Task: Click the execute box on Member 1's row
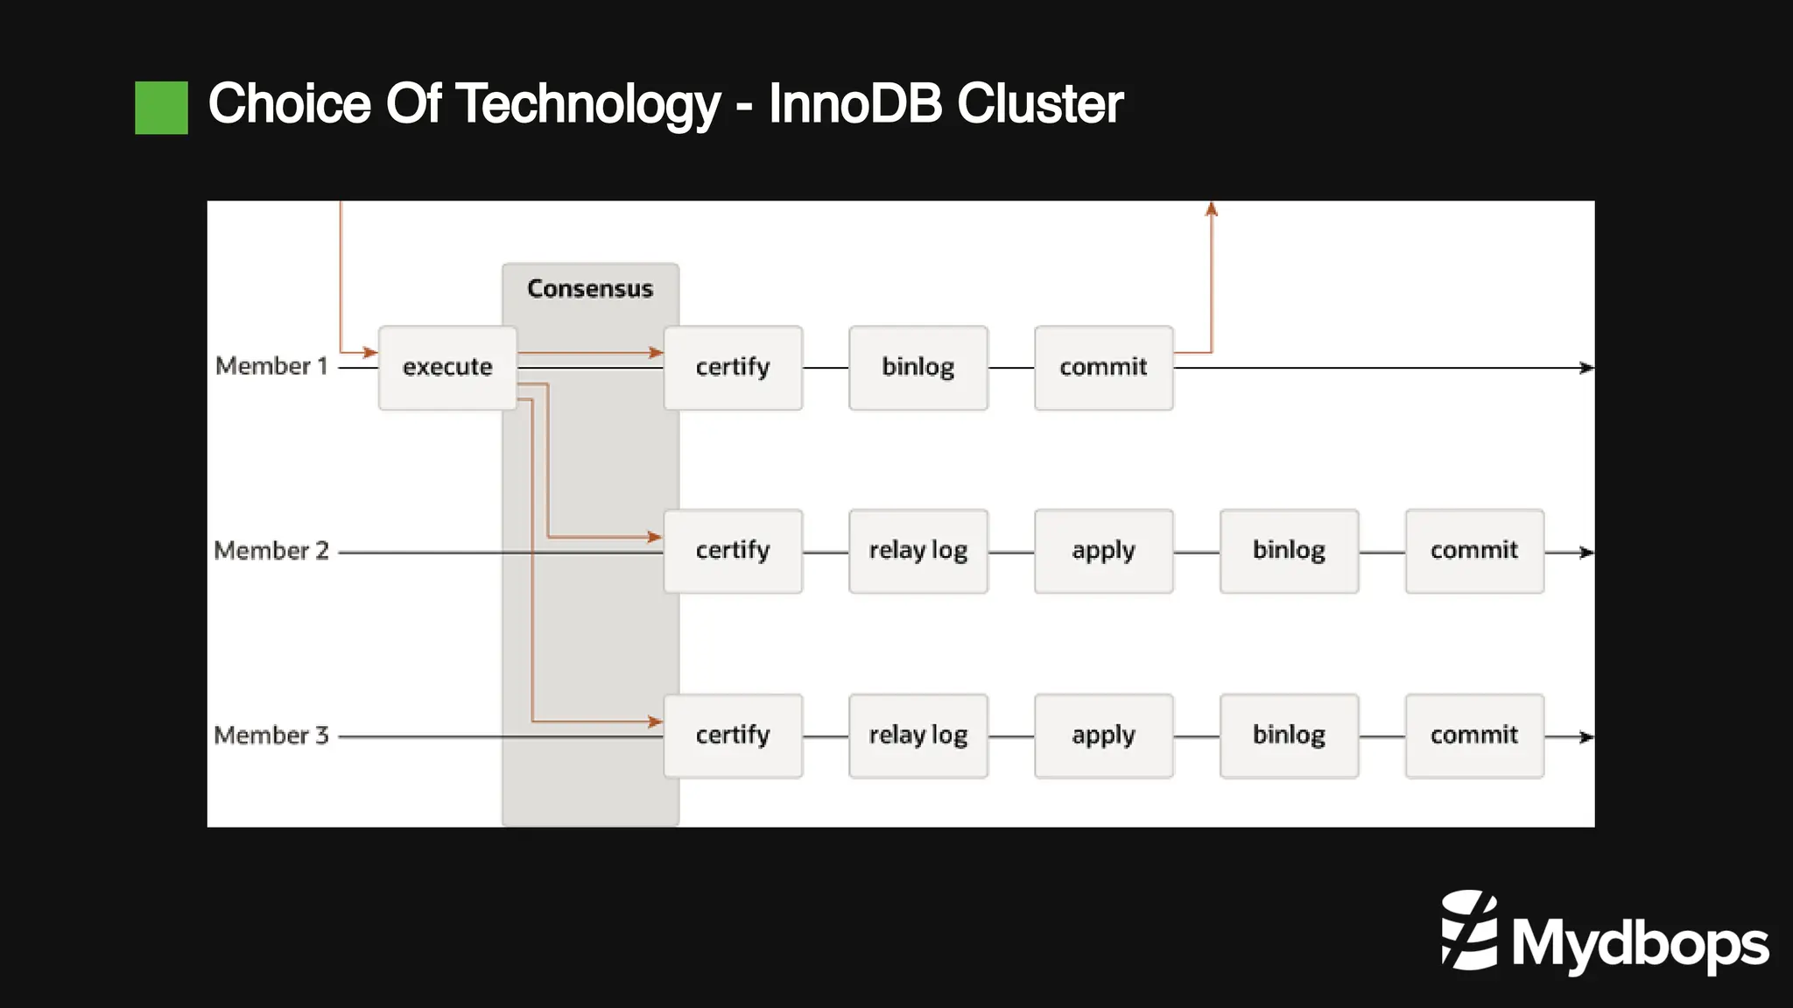coord(447,367)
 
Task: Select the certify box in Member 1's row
coord(733,367)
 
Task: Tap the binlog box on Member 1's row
coord(918,367)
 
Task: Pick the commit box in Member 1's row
coord(1103,367)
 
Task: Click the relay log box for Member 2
coord(918,551)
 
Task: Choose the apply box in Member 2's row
coord(1103,551)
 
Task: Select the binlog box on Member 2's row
coord(1289,551)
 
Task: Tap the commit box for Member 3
coord(1474,736)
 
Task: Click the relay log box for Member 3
coord(918,736)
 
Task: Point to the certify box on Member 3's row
coord(733,736)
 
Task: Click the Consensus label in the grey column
coord(590,289)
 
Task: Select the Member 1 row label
coord(271,366)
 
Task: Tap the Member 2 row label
coord(271,551)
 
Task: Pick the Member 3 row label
coord(271,736)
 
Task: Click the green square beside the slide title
coord(161,108)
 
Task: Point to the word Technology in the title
coord(587,105)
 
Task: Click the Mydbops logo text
coord(1639,944)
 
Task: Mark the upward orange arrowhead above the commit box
coord(1212,209)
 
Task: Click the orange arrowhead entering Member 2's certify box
coord(654,537)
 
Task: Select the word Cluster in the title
coord(1039,105)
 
